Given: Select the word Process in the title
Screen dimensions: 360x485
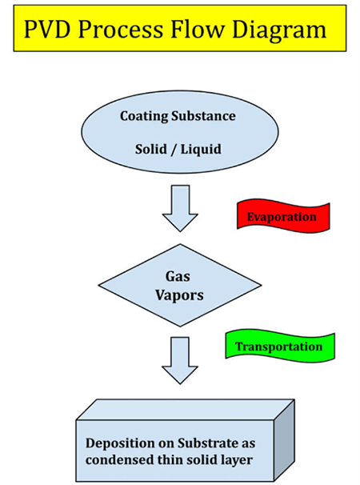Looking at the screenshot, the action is [120, 30].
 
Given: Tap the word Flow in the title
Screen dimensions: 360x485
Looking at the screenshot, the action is [198, 30].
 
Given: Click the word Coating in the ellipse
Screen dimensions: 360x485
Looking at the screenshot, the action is [145, 117].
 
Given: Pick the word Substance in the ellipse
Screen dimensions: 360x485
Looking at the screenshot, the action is [203, 116].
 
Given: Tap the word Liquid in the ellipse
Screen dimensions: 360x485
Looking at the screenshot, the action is [201, 150].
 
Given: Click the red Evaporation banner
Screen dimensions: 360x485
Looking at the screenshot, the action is [283, 216].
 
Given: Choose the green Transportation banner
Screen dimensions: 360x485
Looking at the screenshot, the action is [280, 346].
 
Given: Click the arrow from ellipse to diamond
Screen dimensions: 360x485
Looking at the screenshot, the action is [180, 208].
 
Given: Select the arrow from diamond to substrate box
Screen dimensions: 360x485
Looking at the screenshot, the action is [180, 360].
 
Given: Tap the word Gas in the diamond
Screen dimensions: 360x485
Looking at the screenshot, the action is [178, 276].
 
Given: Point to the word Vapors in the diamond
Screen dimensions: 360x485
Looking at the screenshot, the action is [179, 295].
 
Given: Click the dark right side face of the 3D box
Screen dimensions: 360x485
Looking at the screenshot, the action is [284, 440].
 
